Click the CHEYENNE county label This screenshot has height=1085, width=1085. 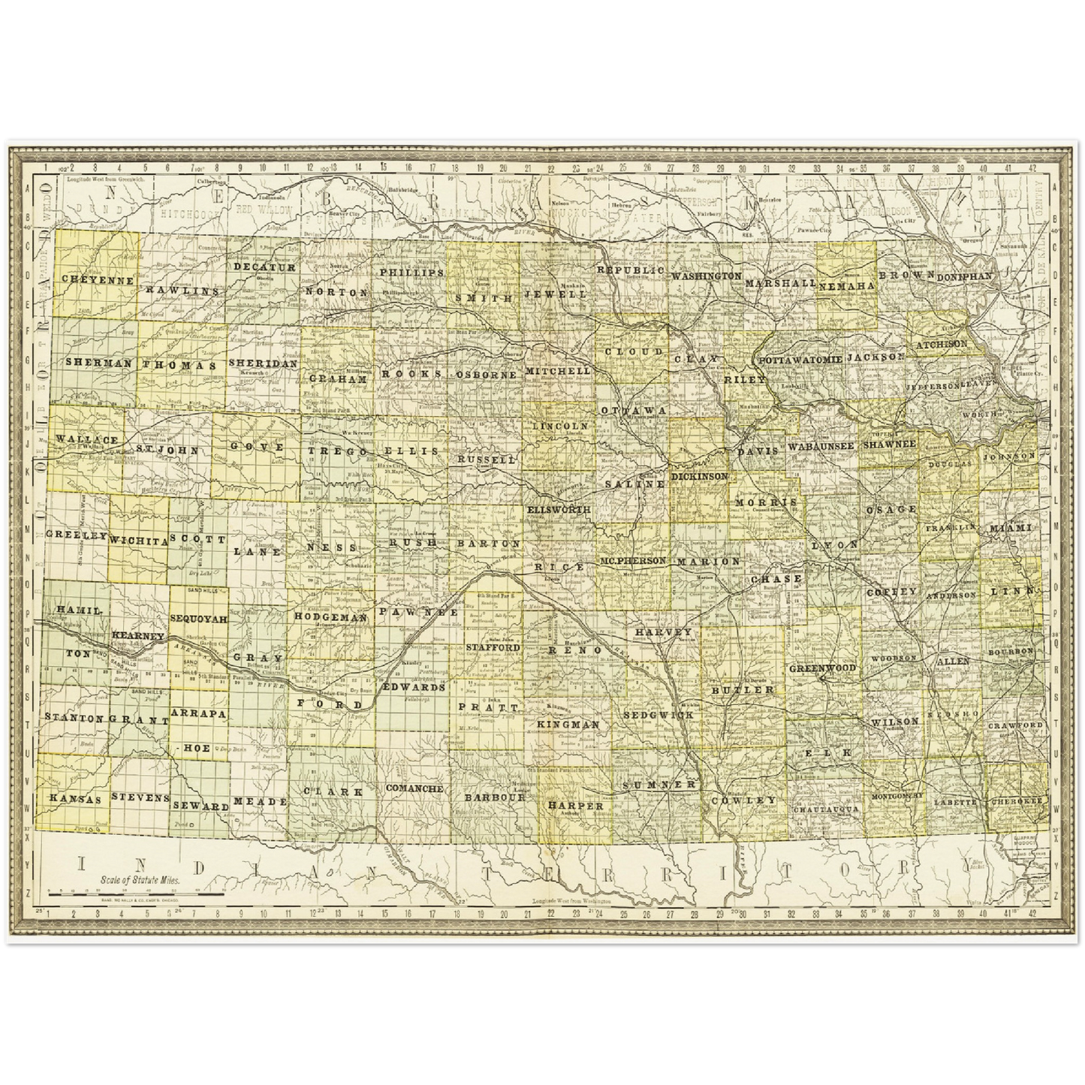(x=98, y=280)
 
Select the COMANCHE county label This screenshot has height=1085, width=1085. (x=414, y=788)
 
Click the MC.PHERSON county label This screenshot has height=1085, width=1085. (x=633, y=561)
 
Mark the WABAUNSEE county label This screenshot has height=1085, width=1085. (x=822, y=446)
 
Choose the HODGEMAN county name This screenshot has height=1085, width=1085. (x=330, y=617)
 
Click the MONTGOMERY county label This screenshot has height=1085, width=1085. (x=897, y=795)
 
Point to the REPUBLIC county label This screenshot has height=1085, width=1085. (x=631, y=269)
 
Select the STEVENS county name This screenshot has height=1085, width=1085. (x=140, y=797)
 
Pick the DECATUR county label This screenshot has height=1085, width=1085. (x=264, y=267)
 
